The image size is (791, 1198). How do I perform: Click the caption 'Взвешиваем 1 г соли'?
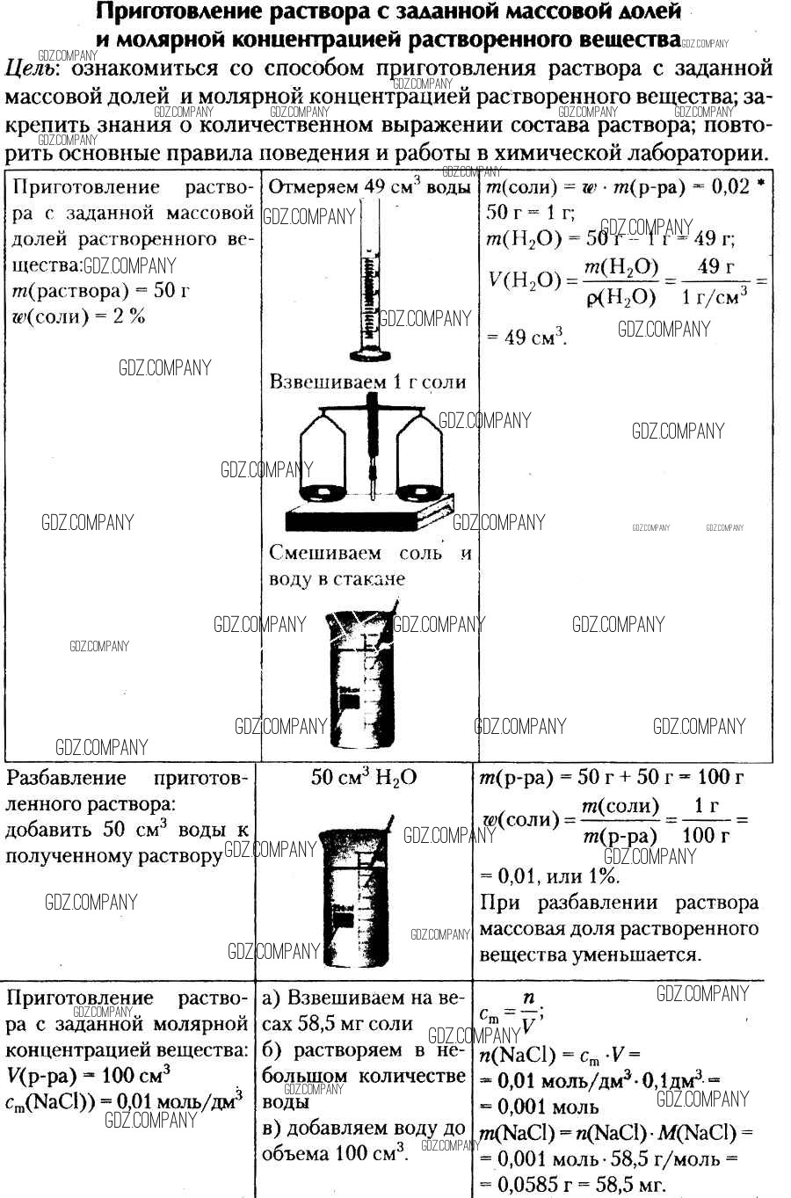(368, 381)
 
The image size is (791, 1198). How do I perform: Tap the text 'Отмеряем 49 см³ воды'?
(369, 186)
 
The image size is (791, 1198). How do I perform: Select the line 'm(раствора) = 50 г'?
(101, 290)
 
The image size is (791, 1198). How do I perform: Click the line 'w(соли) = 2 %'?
(78, 316)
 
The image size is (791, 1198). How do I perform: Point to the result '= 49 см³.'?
(526, 337)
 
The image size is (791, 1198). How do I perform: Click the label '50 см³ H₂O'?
(364, 778)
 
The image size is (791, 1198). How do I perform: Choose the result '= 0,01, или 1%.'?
(550, 875)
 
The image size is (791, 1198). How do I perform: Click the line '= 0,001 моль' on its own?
(539, 1107)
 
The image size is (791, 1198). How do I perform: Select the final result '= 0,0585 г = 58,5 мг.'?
(572, 1185)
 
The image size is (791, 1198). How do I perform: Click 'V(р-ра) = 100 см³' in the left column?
(88, 1074)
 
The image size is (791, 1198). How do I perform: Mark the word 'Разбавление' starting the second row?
(66, 777)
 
